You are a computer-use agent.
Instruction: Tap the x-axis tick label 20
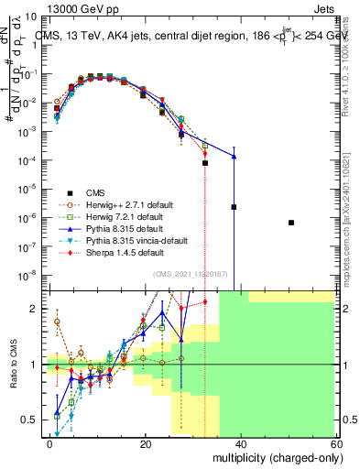pyautogui.click(x=145, y=443)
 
